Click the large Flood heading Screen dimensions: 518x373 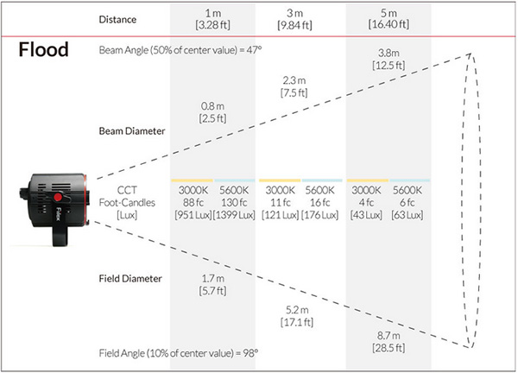pyautogui.click(x=44, y=49)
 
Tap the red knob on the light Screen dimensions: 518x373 pyautogui.click(x=58, y=197)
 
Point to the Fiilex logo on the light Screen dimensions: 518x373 pyautogui.click(x=58, y=214)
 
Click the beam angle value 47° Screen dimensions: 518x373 pyautogui.click(x=254, y=50)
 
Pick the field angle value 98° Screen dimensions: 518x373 pyautogui.click(x=250, y=353)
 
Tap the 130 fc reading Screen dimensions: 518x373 pyautogui.click(x=234, y=202)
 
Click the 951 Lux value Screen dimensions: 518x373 pyautogui.click(x=193, y=215)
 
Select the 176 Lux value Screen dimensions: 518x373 pyautogui.click(x=319, y=215)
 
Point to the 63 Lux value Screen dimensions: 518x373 pyautogui.click(x=407, y=215)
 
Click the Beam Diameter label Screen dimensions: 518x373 pyautogui.click(x=132, y=131)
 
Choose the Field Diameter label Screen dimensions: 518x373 pyautogui.click(x=130, y=279)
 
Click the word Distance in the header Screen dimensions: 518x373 pyautogui.click(x=117, y=20)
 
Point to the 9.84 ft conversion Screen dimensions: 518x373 pyautogui.click(x=294, y=25)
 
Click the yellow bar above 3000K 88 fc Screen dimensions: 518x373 pyautogui.click(x=192, y=180)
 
